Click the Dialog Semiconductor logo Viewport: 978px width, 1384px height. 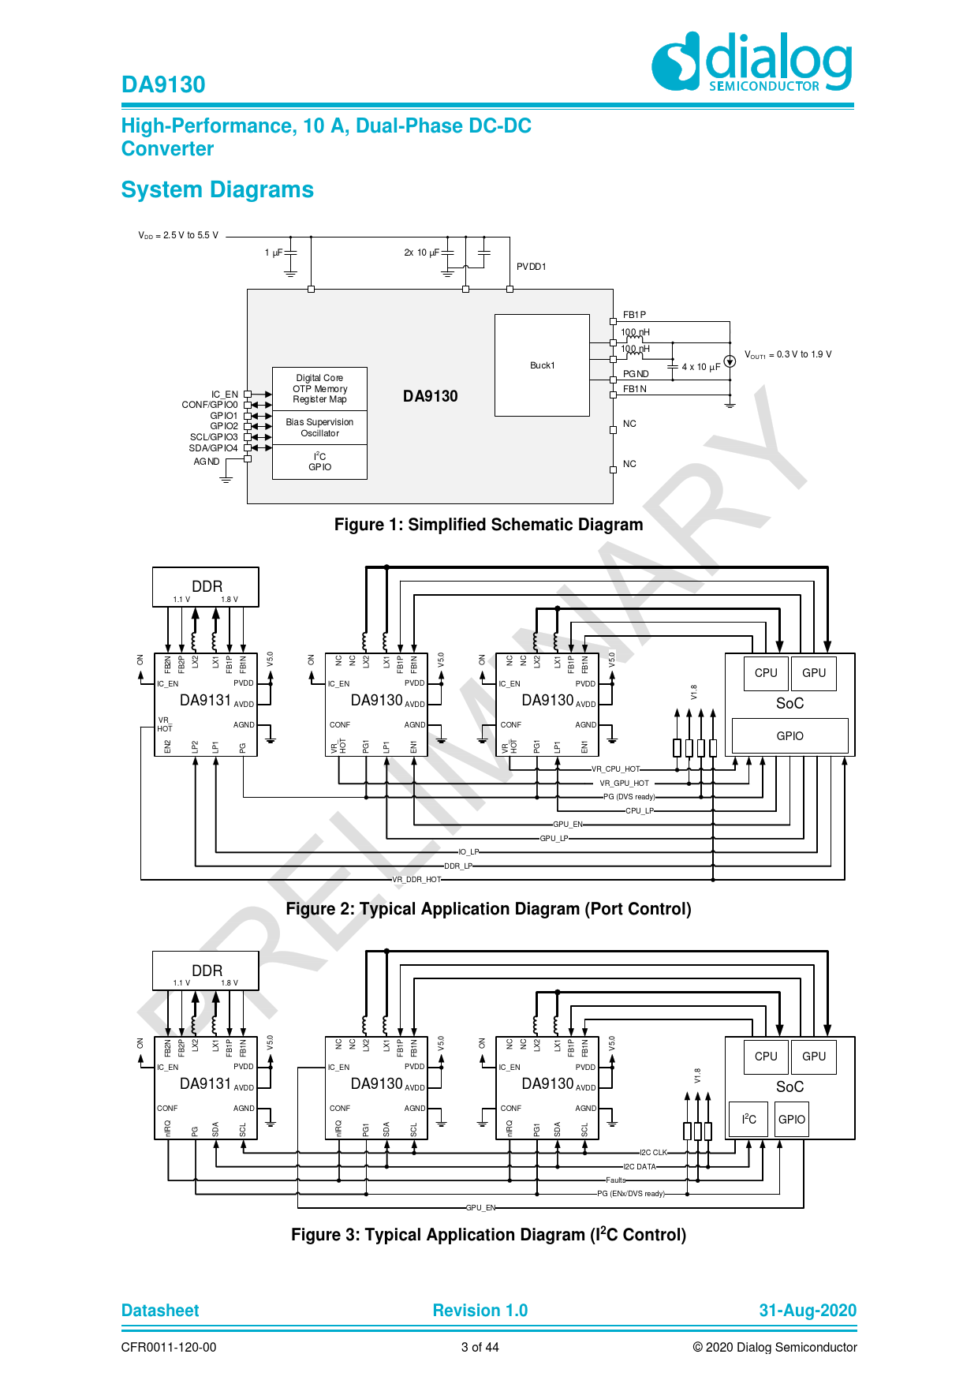pos(752,62)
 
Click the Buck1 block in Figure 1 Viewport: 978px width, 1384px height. pos(542,365)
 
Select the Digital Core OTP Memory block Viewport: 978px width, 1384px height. pos(319,388)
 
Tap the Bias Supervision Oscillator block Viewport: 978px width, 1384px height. pos(319,428)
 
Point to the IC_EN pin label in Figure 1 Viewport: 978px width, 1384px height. pos(224,395)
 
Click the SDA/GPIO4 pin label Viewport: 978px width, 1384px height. pos(213,448)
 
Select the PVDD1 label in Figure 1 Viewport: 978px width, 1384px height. pos(531,267)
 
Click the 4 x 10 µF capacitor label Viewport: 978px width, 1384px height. pos(700,367)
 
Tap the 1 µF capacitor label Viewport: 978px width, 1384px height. pos(273,252)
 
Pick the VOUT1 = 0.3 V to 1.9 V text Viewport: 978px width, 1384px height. pos(787,355)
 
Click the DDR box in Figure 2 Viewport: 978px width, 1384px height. pos(206,587)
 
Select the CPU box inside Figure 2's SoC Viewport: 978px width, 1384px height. pos(765,673)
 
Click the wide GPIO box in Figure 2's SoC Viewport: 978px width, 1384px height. pos(789,736)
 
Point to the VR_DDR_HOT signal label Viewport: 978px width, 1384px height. pos(416,880)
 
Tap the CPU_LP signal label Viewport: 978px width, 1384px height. pos(639,811)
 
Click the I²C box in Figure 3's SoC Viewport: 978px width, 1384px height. pos(748,1120)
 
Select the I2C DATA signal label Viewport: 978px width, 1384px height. pos(639,1167)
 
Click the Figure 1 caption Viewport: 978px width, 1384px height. pos(488,525)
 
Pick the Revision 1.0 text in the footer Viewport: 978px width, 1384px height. pos(480,1311)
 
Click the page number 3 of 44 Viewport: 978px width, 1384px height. pos(480,1348)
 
